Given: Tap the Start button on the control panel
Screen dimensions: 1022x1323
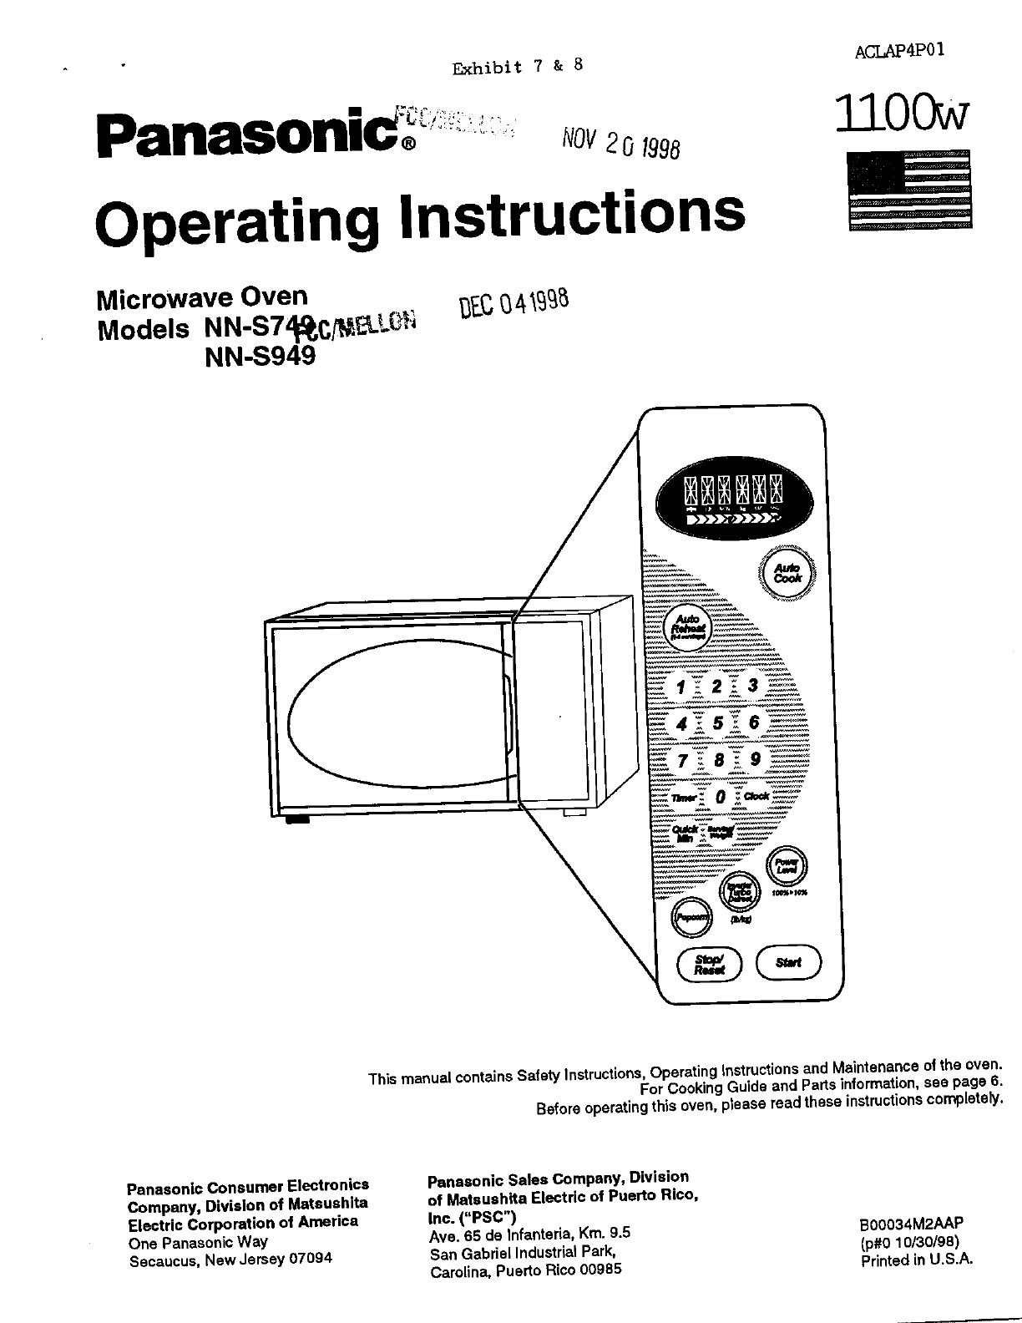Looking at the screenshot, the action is [788, 962].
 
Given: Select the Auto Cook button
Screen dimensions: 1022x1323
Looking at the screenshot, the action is [787, 572].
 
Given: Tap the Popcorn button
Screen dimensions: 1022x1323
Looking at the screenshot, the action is [691, 917].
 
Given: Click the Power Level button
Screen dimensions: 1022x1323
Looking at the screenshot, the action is [787, 866].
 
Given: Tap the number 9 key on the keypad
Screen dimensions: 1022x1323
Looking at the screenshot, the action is [755, 759].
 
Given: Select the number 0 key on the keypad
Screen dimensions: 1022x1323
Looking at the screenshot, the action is [720, 797].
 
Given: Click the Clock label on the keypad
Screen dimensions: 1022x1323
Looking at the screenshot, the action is [756, 796].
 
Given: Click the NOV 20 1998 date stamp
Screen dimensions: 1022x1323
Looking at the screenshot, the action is [621, 144].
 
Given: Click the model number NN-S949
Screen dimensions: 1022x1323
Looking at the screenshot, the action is [261, 357].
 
